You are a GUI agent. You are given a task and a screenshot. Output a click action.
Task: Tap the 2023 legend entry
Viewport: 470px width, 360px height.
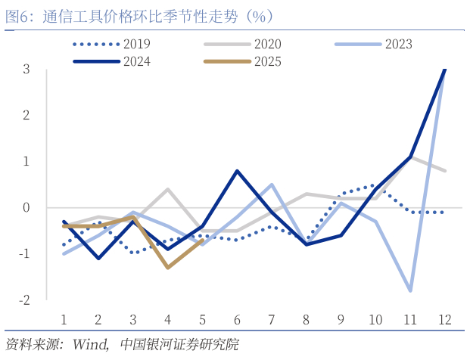(x=398, y=44)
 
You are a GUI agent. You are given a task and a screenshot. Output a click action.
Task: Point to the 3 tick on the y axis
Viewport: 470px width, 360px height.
(x=26, y=69)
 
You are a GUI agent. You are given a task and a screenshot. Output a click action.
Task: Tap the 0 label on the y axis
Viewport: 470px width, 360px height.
(x=26, y=207)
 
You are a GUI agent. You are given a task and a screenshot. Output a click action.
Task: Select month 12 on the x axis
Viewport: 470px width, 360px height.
(x=444, y=319)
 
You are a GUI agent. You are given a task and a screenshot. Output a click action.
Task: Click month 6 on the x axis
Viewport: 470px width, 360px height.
(x=237, y=319)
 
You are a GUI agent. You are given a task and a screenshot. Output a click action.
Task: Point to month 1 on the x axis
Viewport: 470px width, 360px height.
(x=64, y=319)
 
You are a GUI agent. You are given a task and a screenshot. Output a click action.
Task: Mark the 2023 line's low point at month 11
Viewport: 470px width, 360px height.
(x=410, y=290)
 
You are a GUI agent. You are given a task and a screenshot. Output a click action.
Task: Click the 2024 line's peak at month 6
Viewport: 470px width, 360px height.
(x=237, y=171)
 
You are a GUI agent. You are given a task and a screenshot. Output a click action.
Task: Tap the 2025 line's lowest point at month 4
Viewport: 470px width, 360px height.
(x=167, y=267)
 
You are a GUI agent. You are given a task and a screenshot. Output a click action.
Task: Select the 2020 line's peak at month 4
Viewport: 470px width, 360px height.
(x=167, y=189)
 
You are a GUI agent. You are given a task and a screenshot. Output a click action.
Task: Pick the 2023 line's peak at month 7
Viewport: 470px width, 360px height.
(x=272, y=185)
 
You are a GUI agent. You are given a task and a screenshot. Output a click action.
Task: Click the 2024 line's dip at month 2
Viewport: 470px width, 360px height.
(x=98, y=258)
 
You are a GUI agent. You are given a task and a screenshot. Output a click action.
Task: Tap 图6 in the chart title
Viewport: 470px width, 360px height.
(x=17, y=15)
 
